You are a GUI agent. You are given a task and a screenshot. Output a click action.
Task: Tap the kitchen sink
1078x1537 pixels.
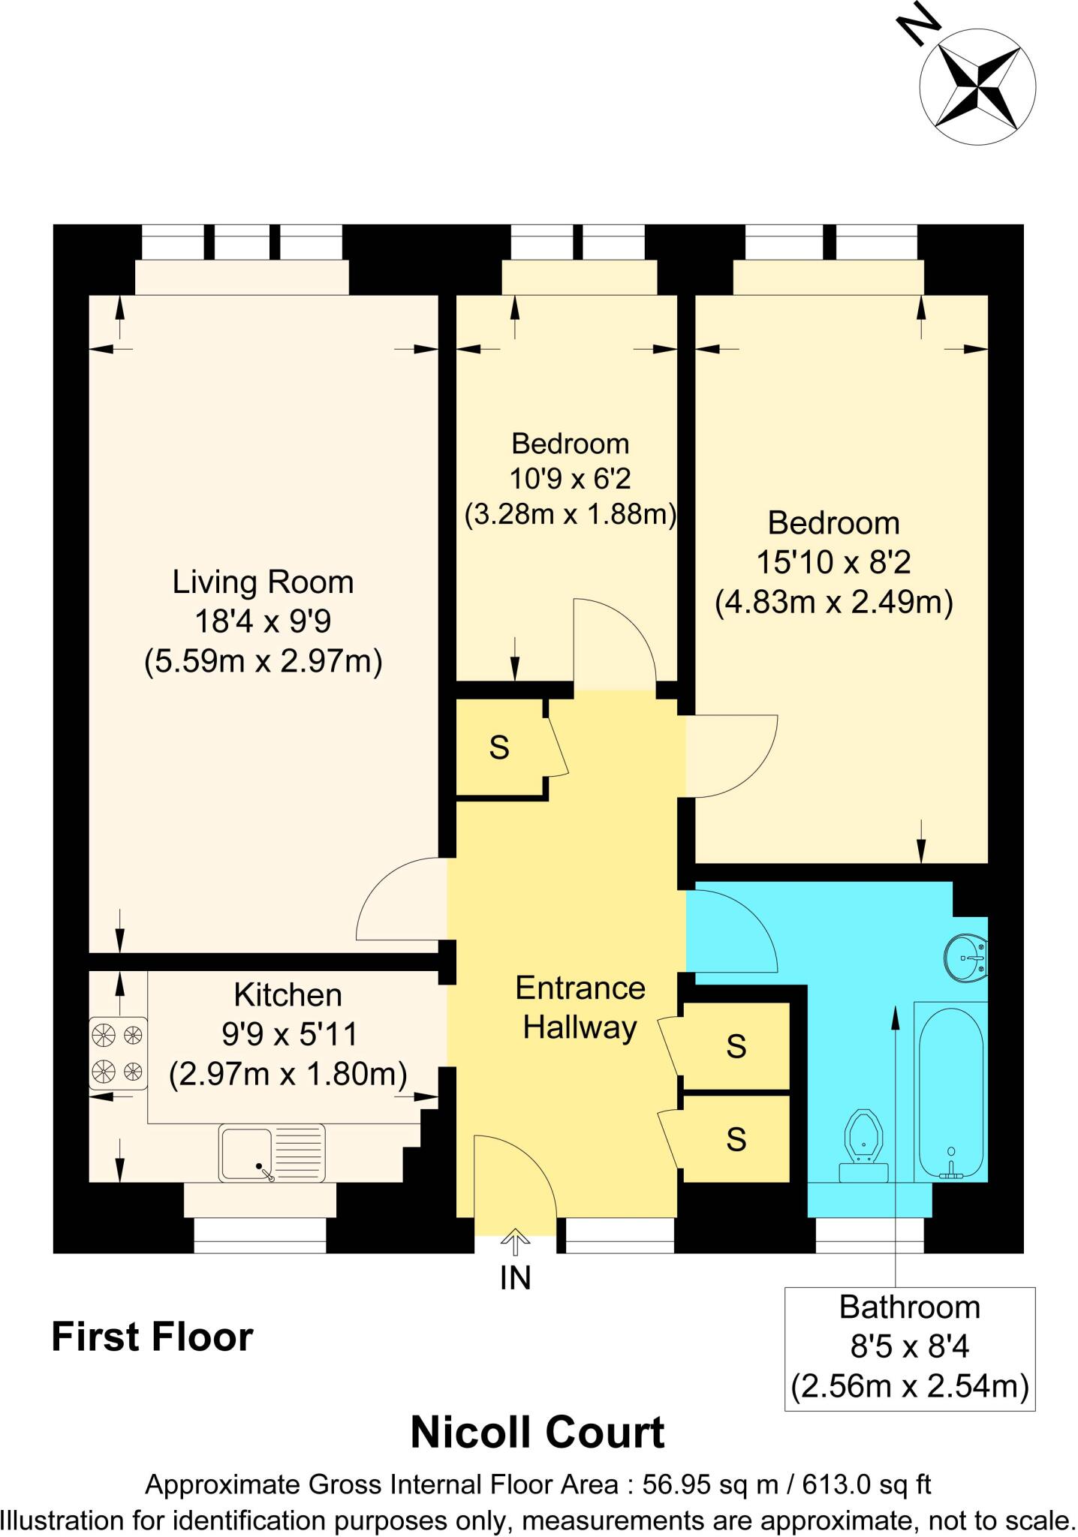pyautogui.click(x=272, y=1152)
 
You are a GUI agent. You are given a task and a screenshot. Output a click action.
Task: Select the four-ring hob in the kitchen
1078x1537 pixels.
pyautogui.click(x=118, y=1051)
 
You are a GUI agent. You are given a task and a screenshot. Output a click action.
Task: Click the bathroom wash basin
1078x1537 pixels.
pyautogui.click(x=967, y=958)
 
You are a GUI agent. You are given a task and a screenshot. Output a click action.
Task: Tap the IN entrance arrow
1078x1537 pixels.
pyautogui.click(x=515, y=1243)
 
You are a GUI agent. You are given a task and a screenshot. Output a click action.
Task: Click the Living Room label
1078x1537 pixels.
pyautogui.click(x=263, y=582)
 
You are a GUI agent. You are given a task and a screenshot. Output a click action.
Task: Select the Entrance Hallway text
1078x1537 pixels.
pyautogui.click(x=580, y=1007)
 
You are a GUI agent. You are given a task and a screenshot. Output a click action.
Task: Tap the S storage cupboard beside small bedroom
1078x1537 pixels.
pyautogui.click(x=499, y=747)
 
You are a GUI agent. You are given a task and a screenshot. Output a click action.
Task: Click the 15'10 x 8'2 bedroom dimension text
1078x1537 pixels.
pyautogui.click(x=833, y=562)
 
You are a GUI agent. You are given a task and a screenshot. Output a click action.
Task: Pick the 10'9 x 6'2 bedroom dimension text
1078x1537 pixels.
pyautogui.click(x=570, y=478)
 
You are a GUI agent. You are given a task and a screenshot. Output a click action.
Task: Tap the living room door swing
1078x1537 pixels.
pyautogui.click(x=402, y=901)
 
